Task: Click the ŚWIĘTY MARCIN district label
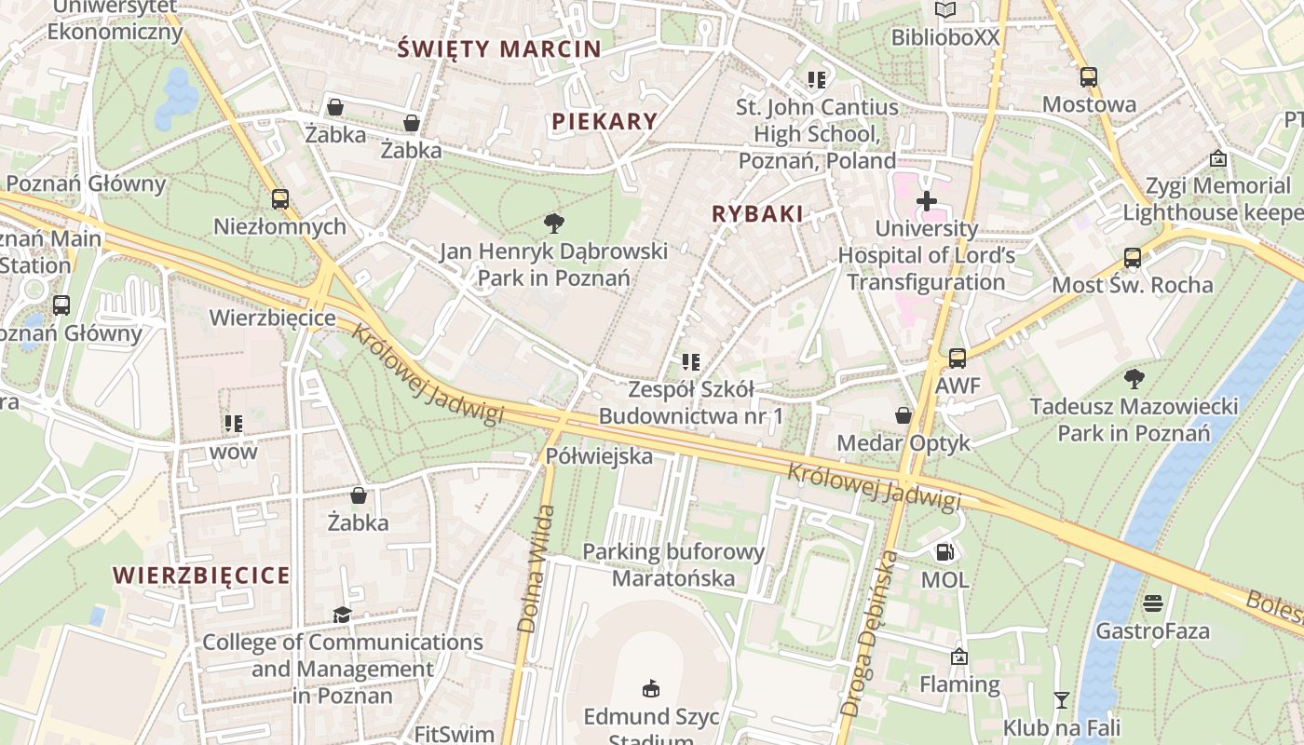[x=499, y=48]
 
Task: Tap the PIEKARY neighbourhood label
[x=604, y=121]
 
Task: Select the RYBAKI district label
[x=757, y=213]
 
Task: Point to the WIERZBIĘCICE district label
[x=202, y=575]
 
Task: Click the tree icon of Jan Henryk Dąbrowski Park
[x=554, y=223]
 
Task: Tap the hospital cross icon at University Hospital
[x=927, y=200]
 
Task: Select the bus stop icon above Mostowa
[x=1088, y=77]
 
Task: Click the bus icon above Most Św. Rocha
[x=1133, y=258]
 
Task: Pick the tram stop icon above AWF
[x=958, y=358]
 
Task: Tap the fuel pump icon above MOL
[x=944, y=552]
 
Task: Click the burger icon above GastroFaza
[x=1153, y=603]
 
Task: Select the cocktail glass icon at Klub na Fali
[x=1061, y=699]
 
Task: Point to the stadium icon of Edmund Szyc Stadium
[x=651, y=689]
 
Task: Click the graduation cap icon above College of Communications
[x=343, y=615]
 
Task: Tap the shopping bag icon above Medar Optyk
[x=903, y=414]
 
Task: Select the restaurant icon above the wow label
[x=233, y=424]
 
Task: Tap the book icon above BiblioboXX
[x=945, y=9]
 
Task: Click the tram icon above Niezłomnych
[x=279, y=198]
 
